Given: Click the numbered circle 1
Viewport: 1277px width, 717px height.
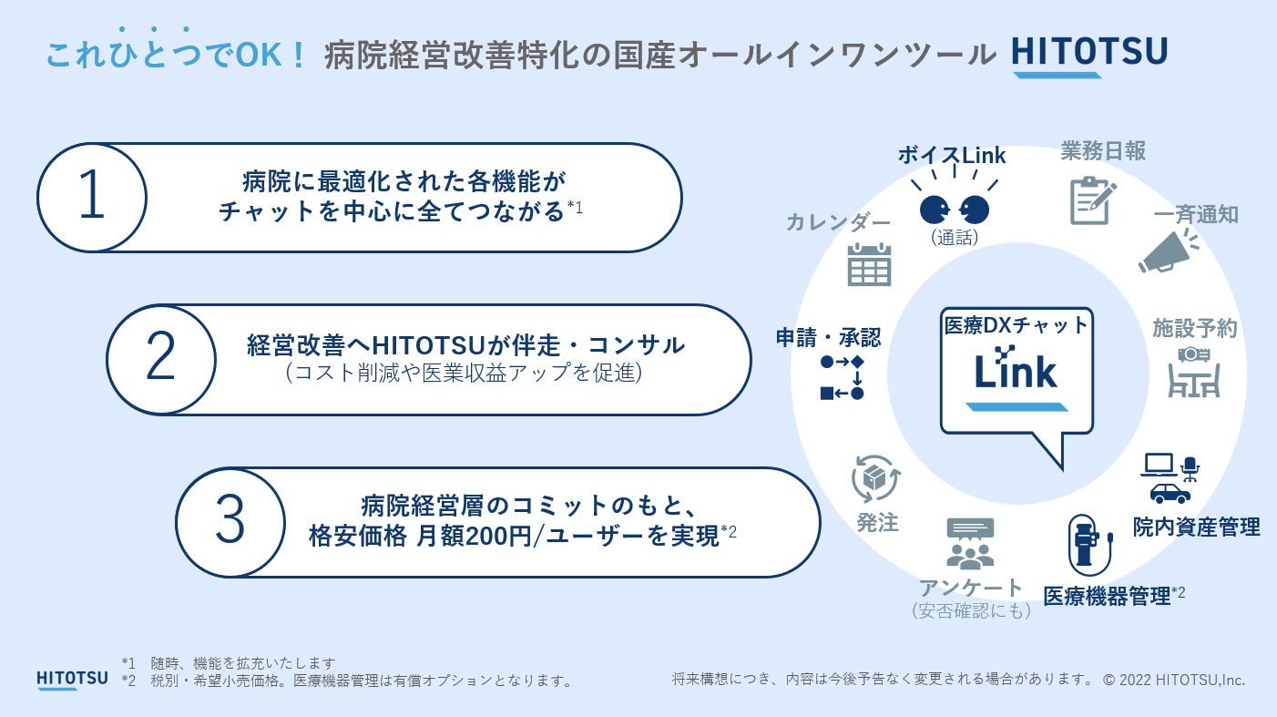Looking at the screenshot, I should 92,198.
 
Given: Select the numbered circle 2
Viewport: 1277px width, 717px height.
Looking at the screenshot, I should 160,360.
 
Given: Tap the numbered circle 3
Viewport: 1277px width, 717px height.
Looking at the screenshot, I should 230,522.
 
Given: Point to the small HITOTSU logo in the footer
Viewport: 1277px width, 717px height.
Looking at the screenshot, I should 71,679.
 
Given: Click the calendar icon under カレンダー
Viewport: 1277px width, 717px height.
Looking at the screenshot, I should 869,265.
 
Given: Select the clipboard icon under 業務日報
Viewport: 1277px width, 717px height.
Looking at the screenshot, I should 1092,200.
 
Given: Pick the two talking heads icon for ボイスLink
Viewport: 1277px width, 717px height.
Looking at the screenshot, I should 954,210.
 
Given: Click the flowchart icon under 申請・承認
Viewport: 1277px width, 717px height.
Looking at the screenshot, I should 842,377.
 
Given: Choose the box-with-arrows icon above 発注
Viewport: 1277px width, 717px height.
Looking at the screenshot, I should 875,478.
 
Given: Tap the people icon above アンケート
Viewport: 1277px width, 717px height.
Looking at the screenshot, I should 970,543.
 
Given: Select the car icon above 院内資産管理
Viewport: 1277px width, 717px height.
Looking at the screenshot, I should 1170,493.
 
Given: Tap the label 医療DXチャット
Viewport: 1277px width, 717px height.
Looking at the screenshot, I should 1016,324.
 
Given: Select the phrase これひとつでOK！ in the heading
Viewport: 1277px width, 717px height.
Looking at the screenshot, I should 176,55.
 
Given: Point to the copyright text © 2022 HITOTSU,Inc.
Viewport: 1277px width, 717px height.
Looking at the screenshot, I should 1173,680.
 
